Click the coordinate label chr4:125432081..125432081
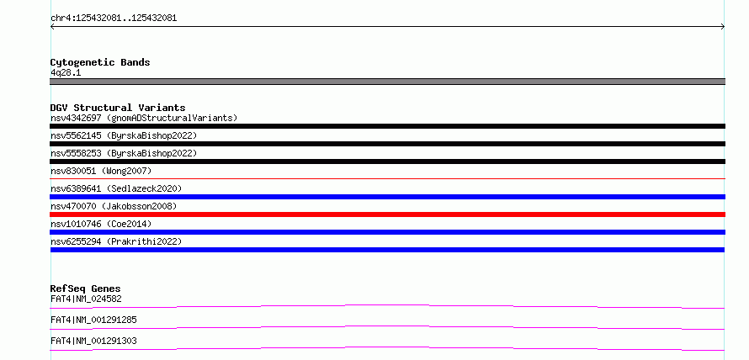[x=114, y=19]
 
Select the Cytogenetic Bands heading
[x=100, y=62]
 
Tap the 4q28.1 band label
[x=66, y=72]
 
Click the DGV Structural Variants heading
[x=118, y=108]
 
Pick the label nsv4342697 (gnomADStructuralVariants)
[x=144, y=118]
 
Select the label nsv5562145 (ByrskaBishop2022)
[x=124, y=135]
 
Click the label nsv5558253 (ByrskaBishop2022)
[x=124, y=153]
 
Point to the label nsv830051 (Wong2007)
[x=101, y=171]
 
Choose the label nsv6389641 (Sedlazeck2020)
[x=116, y=188]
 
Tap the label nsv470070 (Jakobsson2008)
[x=114, y=206]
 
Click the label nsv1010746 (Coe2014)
[x=101, y=224]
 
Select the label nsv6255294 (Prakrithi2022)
[x=116, y=241]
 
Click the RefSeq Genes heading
[x=86, y=289]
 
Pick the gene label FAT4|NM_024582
[x=86, y=299]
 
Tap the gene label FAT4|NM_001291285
[x=93, y=320]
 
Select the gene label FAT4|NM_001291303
[x=93, y=341]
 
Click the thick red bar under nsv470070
[x=387, y=214]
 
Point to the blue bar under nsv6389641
[x=387, y=197]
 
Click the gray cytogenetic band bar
[x=387, y=82]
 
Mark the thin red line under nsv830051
[x=387, y=178]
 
